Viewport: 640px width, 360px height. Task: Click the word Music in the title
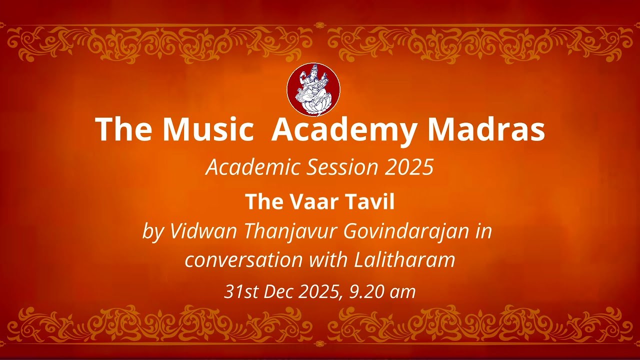click(207, 130)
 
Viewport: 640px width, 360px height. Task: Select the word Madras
click(486, 130)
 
